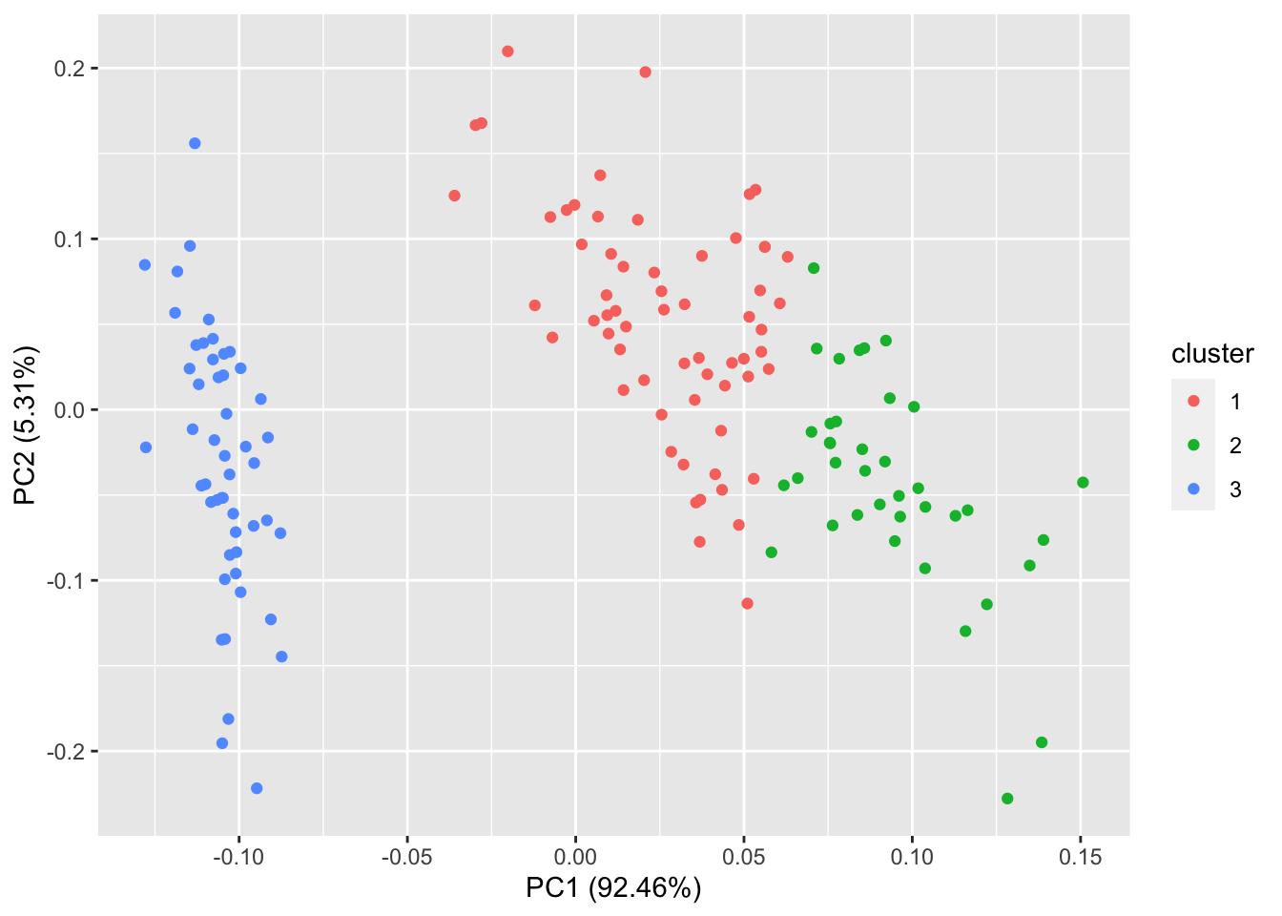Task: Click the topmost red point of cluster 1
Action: pyautogui.click(x=507, y=52)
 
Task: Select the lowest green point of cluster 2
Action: pyautogui.click(x=1007, y=799)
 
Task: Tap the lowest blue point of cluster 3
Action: pyautogui.click(x=257, y=788)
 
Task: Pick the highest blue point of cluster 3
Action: pyautogui.click(x=195, y=143)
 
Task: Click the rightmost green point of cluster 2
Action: pyautogui.click(x=1083, y=483)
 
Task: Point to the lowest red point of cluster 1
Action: pyautogui.click(x=747, y=604)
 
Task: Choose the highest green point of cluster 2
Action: pyautogui.click(x=814, y=268)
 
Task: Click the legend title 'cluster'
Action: pyautogui.click(x=1212, y=354)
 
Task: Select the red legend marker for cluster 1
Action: pyautogui.click(x=1193, y=402)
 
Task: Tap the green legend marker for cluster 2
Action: pyautogui.click(x=1193, y=446)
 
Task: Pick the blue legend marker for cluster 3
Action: pyautogui.click(x=1193, y=489)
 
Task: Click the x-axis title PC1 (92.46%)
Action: pyautogui.click(x=613, y=888)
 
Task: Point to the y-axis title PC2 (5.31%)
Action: pyautogui.click(x=26, y=426)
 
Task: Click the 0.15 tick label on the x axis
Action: pyautogui.click(x=1080, y=857)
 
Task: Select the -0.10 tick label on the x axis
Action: pyautogui.click(x=238, y=857)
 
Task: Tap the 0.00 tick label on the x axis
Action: pyautogui.click(x=575, y=857)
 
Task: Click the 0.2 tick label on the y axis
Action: pyautogui.click(x=70, y=69)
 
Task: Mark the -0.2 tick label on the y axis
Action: pyautogui.click(x=66, y=752)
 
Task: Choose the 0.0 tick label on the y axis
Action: pyautogui.click(x=70, y=410)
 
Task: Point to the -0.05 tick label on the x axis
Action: pyautogui.click(x=406, y=857)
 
